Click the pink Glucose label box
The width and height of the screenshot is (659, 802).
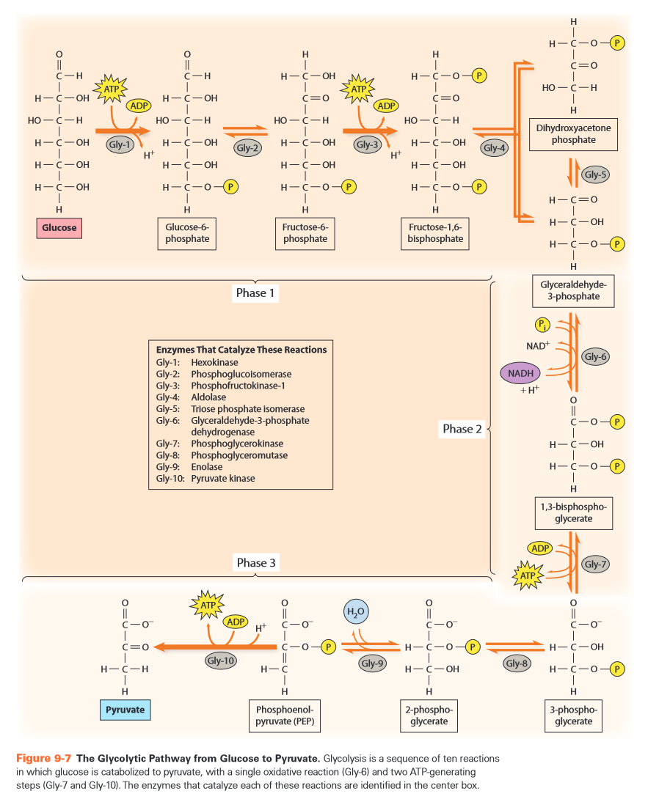[x=59, y=228]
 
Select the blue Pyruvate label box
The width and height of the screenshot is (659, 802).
[x=125, y=710]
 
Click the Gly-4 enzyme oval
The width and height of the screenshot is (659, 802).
[x=495, y=147]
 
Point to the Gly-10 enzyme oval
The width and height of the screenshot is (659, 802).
[x=221, y=661]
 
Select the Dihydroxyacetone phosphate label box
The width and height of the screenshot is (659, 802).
[x=574, y=134]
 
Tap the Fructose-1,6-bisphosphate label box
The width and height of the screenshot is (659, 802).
[x=435, y=233]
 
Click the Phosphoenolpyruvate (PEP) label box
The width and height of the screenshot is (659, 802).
[x=284, y=715]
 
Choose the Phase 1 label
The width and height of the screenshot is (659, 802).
[x=256, y=293]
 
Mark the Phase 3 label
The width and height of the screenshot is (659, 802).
[x=256, y=563]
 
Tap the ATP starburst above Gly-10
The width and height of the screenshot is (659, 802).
[x=208, y=606]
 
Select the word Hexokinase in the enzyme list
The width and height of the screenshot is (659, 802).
[x=214, y=362]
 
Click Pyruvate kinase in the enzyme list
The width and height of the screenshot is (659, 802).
[x=222, y=479]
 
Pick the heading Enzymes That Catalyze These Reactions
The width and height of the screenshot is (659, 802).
[x=241, y=350]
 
